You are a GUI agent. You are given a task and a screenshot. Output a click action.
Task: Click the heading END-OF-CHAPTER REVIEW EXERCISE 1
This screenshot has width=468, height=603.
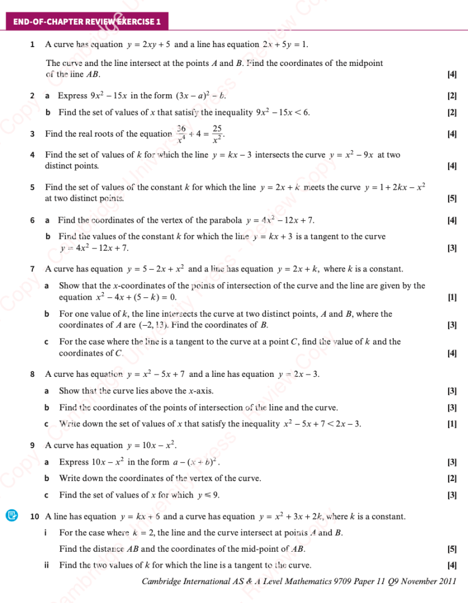tap(86, 22)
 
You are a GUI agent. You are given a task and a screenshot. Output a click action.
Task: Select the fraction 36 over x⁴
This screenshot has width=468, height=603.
tap(181, 134)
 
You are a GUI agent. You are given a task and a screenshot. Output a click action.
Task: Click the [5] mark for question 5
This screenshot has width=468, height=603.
tap(452, 199)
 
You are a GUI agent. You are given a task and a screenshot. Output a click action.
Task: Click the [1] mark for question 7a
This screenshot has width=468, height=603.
tap(452, 297)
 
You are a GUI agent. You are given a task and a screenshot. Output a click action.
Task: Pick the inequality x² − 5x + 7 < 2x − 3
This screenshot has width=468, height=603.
tap(323, 424)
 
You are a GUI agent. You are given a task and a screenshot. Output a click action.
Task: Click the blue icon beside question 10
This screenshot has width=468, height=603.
tap(11, 516)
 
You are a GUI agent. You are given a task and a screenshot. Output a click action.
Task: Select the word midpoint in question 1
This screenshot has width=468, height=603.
tap(366, 63)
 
